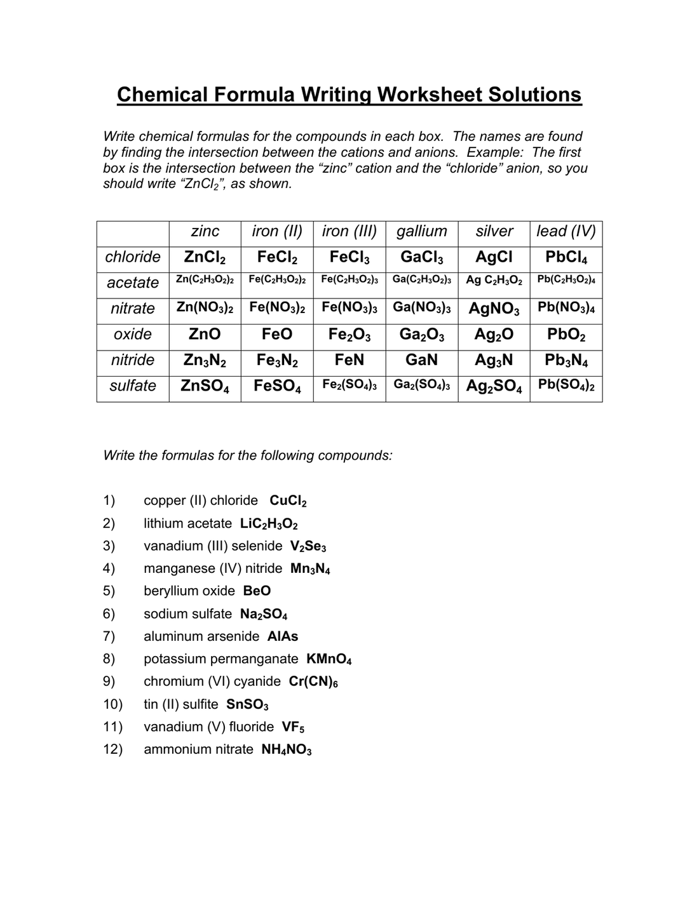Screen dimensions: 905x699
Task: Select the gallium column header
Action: [421, 231]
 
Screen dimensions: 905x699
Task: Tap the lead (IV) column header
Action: [566, 231]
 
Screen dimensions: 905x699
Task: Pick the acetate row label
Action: [133, 283]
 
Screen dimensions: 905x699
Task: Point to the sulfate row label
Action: [133, 385]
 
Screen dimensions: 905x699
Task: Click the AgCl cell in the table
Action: [494, 257]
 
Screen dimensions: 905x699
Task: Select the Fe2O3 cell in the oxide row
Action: [349, 335]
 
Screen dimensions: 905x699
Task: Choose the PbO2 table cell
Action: [566, 335]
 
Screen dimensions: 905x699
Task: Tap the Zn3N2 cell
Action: [205, 360]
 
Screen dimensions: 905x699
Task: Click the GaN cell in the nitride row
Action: [421, 360]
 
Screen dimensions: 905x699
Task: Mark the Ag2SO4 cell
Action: [494, 386]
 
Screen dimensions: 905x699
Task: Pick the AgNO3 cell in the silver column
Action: [494, 309]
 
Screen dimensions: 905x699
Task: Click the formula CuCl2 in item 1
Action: [288, 501]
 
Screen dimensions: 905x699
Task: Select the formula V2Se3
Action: [308, 546]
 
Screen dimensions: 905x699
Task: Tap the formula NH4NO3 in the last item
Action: [287, 750]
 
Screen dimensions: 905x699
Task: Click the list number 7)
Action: [109, 636]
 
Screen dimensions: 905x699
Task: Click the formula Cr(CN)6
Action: [313, 682]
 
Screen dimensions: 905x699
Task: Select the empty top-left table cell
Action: [133, 234]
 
